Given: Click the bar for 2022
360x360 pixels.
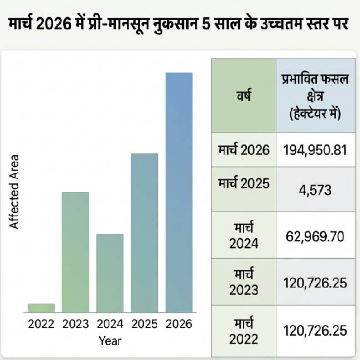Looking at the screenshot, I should tap(41, 308).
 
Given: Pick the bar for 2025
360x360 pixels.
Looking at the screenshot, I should tap(144, 233).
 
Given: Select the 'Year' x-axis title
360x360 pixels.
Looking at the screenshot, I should tap(110, 341).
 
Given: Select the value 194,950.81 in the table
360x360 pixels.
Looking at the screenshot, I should tap(315, 150).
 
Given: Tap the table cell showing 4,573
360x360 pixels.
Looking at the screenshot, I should tap(315, 191).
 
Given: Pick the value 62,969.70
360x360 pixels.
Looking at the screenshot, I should tap(315, 236).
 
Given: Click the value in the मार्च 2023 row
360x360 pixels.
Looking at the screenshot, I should tap(315, 283).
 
